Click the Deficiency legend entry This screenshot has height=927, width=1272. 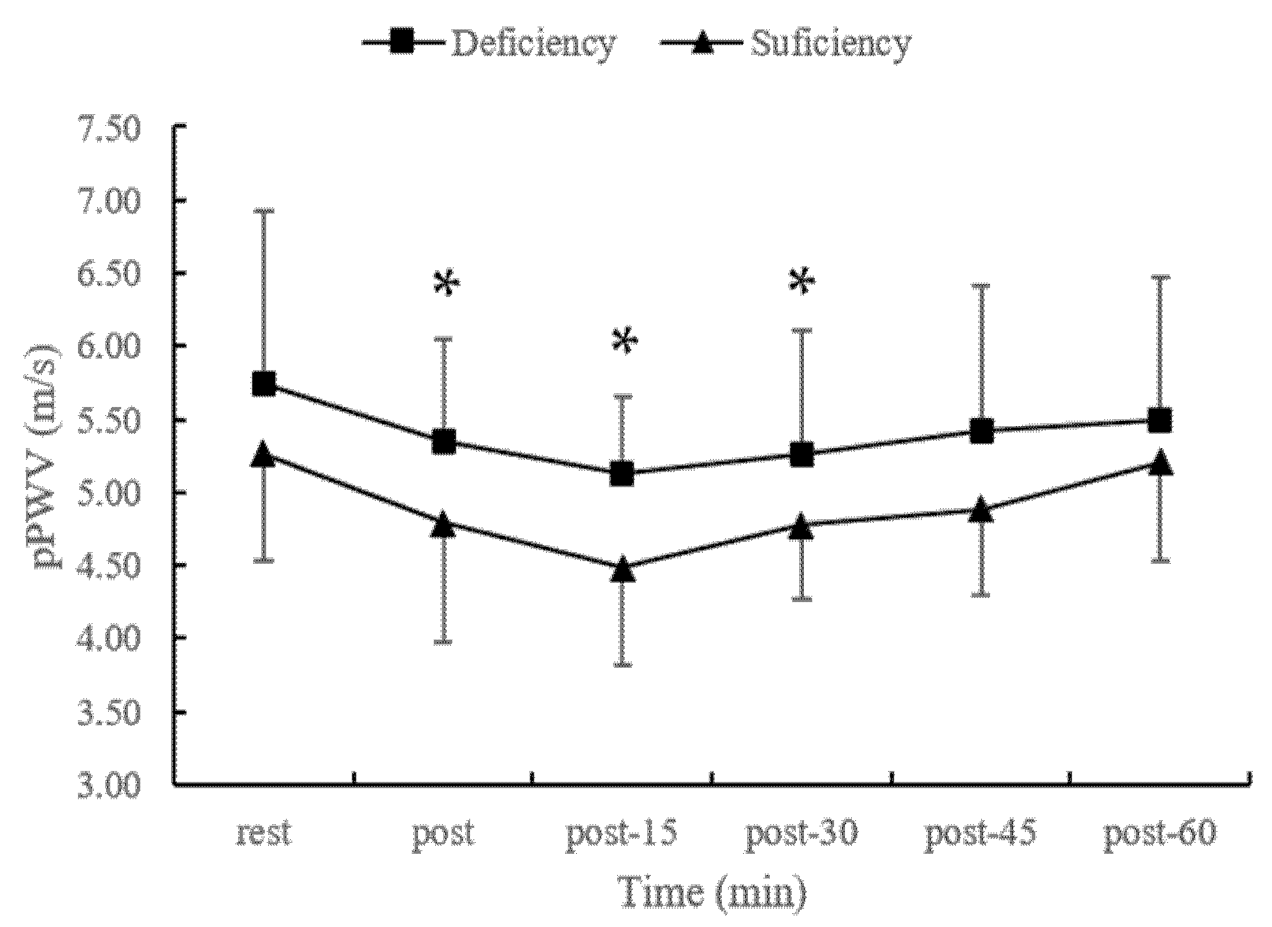pyautogui.click(x=489, y=43)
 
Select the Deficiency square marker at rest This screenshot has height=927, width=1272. pyautogui.click(x=264, y=384)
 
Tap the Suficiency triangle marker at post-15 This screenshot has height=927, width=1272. pyautogui.click(x=623, y=569)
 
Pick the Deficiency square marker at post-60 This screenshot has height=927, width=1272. pyautogui.click(x=1160, y=420)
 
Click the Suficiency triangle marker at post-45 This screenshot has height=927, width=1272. pyautogui.click(x=982, y=510)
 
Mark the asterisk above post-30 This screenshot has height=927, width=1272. pyautogui.click(x=802, y=281)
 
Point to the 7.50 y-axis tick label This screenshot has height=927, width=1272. pyautogui.click(x=110, y=129)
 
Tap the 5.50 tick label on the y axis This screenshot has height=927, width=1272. pyautogui.click(x=110, y=420)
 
